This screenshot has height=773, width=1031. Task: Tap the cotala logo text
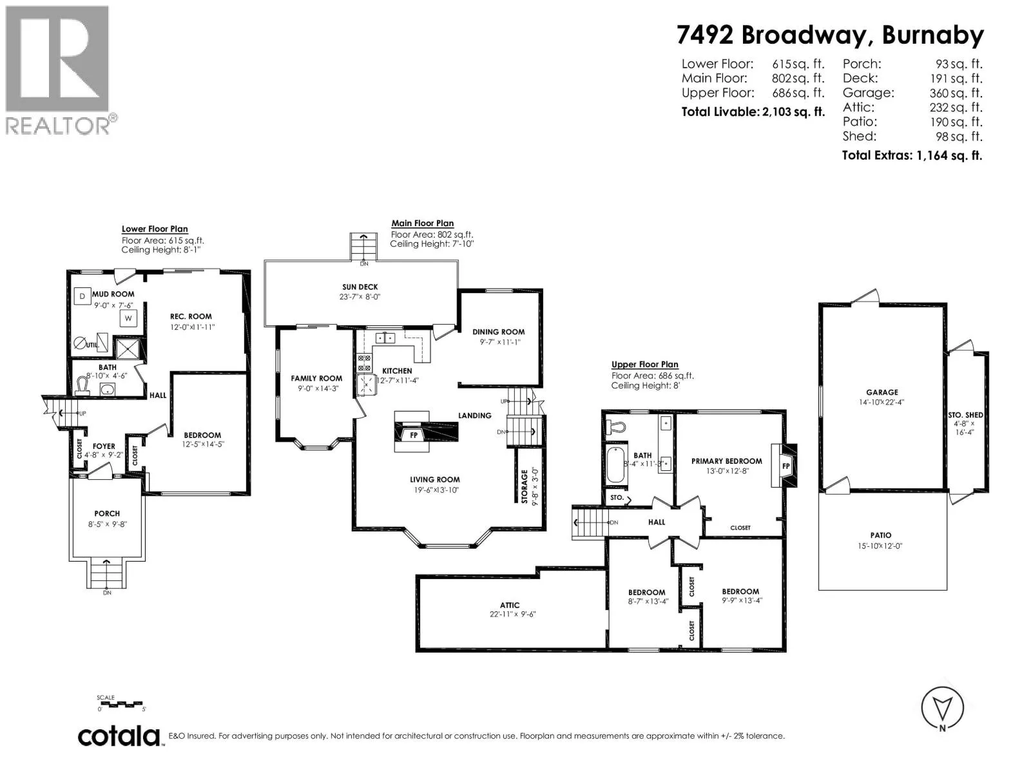coord(119,736)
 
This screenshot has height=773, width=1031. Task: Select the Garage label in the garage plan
coord(882,392)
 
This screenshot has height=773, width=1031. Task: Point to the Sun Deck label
coord(360,287)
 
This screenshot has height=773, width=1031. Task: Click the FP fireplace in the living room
coord(414,435)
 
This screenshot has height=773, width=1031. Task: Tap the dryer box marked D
coord(82,296)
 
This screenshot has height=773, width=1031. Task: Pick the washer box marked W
coord(128,318)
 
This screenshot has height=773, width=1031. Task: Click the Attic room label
coord(510,606)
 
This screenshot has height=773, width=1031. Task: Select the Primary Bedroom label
coord(726,461)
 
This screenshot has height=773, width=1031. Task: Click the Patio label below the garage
coord(881,535)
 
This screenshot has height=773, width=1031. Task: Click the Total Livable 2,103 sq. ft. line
coord(753,111)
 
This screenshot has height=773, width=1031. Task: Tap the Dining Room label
coord(499,332)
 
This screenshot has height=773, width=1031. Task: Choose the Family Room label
coord(316,379)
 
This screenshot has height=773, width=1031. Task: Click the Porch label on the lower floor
coord(107,514)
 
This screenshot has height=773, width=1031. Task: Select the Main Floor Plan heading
coord(423,224)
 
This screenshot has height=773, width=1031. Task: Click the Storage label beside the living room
coord(525,487)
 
